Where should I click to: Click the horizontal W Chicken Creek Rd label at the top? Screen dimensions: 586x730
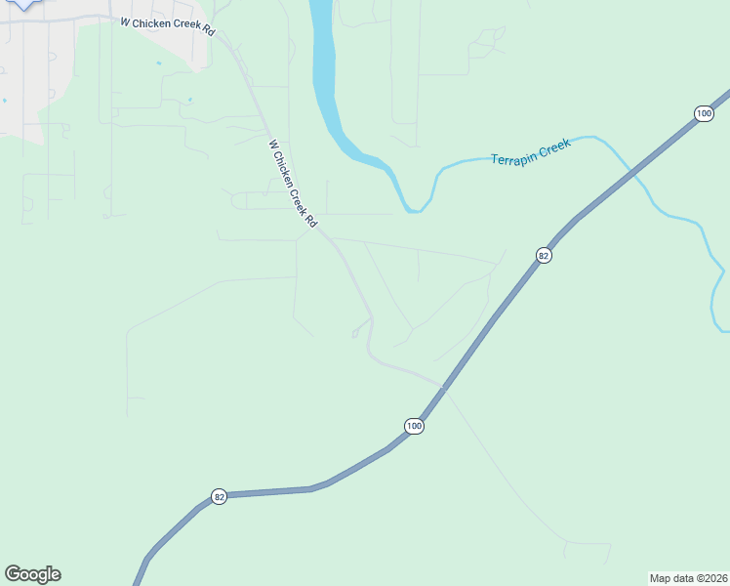click(167, 25)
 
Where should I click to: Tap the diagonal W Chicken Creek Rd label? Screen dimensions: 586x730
click(293, 184)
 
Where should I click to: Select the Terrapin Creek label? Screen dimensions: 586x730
click(530, 152)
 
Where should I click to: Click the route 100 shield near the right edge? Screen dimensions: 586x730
click(704, 114)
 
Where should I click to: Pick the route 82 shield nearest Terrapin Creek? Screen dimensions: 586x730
click(544, 255)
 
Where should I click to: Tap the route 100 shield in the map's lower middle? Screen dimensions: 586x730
click(414, 426)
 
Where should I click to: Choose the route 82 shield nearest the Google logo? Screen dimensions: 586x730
click(219, 496)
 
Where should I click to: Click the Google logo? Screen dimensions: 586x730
click(32, 573)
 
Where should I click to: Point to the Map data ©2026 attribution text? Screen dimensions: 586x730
click(688, 578)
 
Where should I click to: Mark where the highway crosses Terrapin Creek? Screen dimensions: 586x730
click(635, 172)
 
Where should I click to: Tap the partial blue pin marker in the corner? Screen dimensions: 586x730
click(21, 4)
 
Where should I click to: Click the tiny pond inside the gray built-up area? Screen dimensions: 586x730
click(4, 100)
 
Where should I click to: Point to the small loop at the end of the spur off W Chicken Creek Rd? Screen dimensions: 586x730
click(354, 334)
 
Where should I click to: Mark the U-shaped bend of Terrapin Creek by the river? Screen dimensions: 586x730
click(416, 208)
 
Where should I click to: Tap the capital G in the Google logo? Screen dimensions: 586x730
click(14, 573)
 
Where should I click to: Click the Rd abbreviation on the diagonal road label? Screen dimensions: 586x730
click(311, 221)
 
